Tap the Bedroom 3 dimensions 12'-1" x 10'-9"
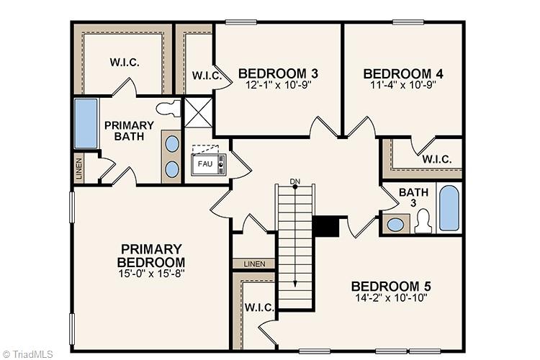tap(278, 85)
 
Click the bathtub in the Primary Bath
tap(86, 123)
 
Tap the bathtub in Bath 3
tap(449, 208)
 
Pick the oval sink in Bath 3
tap(395, 224)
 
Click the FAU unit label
tap(204, 164)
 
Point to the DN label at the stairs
tap(294, 181)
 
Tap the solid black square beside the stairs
tap(325, 226)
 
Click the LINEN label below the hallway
tap(253, 264)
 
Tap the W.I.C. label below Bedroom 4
tap(437, 159)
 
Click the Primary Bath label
tap(129, 130)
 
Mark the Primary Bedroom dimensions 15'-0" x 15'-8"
tap(152, 274)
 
